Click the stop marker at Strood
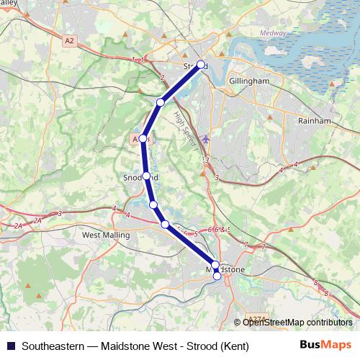coord(201,64)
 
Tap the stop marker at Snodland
coord(146,176)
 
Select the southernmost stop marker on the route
coord(217,276)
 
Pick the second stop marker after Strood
coord(143,138)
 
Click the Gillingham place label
coord(249,82)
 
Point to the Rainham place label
coord(314,121)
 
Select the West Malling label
coord(106,235)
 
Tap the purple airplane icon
coord(207,138)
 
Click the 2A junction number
coord(18,226)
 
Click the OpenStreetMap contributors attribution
coord(296,322)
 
